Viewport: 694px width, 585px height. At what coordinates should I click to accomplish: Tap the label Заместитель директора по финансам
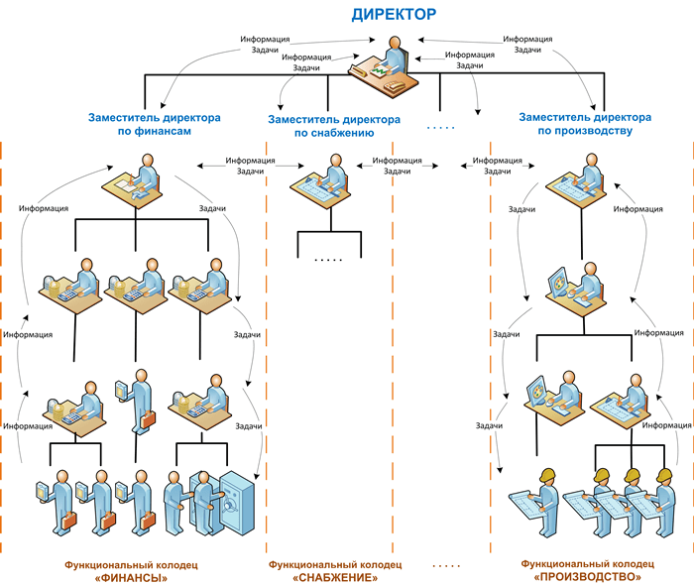pyautogui.click(x=155, y=123)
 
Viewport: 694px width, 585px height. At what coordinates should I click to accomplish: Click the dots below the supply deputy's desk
pyautogui.click(x=326, y=260)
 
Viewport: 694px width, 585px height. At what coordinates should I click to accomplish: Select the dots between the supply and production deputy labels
pyautogui.click(x=440, y=128)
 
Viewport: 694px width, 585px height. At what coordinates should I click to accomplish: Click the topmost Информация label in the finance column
pyautogui.click(x=44, y=209)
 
